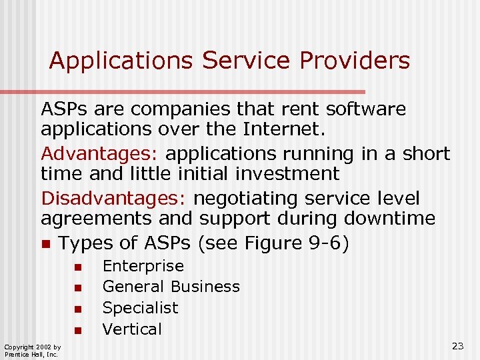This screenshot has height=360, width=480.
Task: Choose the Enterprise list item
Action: [x=143, y=266]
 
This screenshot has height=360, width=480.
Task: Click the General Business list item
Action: [x=171, y=287]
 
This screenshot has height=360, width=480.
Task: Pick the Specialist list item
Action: [x=140, y=308]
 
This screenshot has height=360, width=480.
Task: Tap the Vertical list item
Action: [x=132, y=329]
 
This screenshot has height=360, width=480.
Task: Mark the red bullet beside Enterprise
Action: [x=77, y=267]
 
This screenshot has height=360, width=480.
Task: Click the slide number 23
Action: [x=457, y=345]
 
